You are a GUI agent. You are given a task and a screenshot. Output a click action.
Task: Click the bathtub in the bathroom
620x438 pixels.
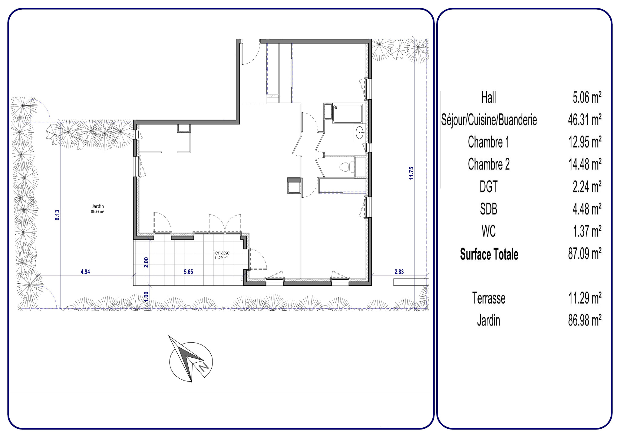[347, 114]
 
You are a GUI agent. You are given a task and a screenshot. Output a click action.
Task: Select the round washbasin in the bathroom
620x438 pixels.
[360, 133]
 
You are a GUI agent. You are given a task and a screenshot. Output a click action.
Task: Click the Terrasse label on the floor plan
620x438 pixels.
[221, 253]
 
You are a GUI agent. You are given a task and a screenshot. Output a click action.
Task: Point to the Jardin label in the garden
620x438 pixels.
[98, 206]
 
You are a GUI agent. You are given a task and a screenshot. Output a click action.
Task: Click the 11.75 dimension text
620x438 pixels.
[411, 173]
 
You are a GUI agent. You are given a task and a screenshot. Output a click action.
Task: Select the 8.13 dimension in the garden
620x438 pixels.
[57, 215]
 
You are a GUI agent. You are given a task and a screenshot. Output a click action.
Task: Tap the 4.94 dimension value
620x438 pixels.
[85, 272]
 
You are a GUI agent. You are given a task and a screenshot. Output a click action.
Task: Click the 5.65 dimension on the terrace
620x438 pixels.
[188, 272]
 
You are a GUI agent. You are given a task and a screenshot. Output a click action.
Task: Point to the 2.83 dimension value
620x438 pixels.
[399, 272]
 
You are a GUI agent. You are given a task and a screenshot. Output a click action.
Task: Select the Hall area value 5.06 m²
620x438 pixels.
[587, 97]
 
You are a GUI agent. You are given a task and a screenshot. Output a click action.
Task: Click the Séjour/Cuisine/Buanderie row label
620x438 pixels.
[489, 120]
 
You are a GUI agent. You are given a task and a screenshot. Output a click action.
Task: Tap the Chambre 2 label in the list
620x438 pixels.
[489, 164]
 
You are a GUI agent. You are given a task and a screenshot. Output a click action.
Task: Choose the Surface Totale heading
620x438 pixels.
[489, 254]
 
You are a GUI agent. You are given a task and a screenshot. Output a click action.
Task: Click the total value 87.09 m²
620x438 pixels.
[585, 254]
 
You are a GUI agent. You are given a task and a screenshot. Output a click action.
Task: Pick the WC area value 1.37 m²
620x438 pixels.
[587, 231]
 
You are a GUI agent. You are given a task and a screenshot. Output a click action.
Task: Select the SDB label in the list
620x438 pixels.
[489, 209]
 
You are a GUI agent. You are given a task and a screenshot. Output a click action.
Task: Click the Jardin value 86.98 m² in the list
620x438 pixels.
[585, 321]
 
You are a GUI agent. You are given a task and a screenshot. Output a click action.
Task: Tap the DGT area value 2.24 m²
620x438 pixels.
[587, 187]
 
